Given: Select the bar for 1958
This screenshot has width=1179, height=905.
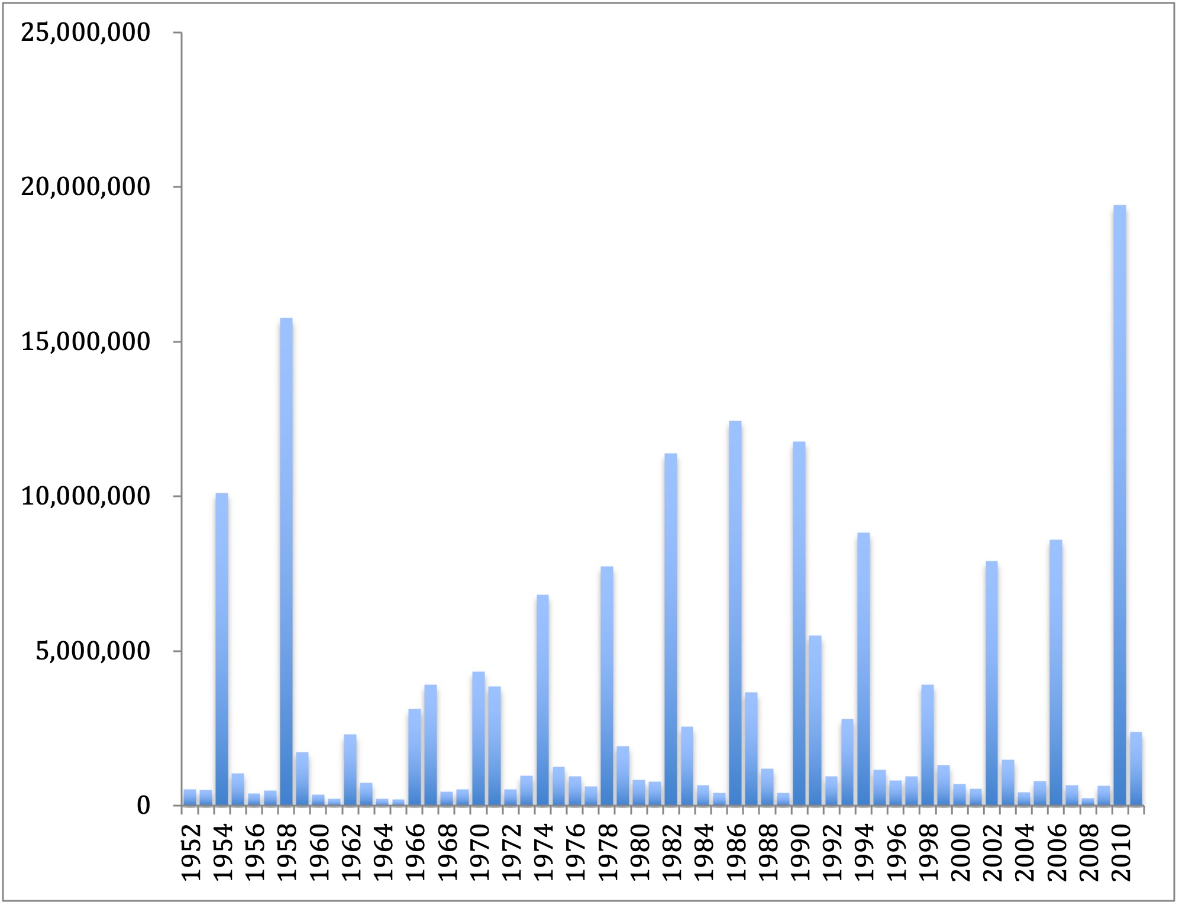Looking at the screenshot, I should (x=286, y=561).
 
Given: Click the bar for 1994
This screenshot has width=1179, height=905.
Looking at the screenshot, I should (x=863, y=668).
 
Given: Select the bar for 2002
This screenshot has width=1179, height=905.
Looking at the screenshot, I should (x=991, y=683).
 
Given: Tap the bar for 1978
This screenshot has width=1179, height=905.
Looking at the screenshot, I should (x=607, y=686).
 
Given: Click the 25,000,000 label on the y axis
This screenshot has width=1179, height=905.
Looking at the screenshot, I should (x=86, y=33).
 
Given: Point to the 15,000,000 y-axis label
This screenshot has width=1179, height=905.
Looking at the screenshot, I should (x=86, y=342).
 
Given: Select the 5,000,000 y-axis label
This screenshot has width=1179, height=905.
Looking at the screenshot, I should (x=93, y=651).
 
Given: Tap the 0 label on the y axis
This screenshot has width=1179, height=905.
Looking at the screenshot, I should (x=143, y=806).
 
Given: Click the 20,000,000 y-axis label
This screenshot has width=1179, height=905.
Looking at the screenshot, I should (x=86, y=187).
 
